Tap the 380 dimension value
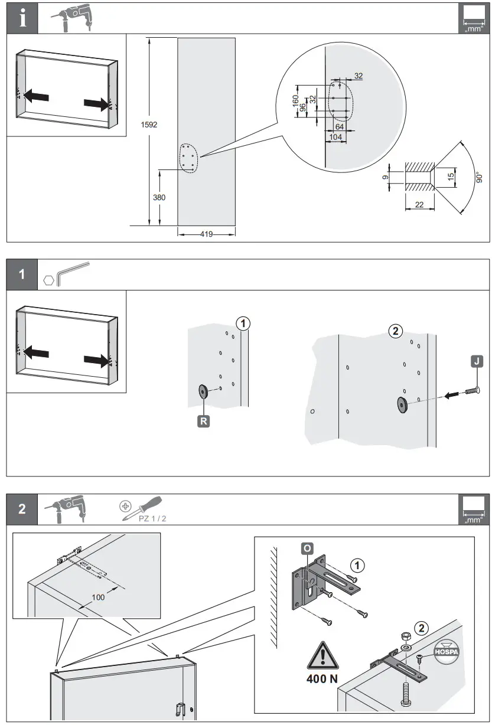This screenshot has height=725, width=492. tap(159, 198)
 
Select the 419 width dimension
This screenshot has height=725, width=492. tap(206, 234)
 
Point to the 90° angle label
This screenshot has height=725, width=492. tap(480, 177)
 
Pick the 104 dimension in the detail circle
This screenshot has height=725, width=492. tap(335, 136)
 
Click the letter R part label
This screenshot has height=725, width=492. tap(203, 422)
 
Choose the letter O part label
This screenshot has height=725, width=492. tap(307, 548)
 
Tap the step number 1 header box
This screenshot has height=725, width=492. tap(22, 275)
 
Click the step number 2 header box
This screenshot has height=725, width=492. tap(22, 510)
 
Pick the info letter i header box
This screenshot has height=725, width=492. tap(22, 19)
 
